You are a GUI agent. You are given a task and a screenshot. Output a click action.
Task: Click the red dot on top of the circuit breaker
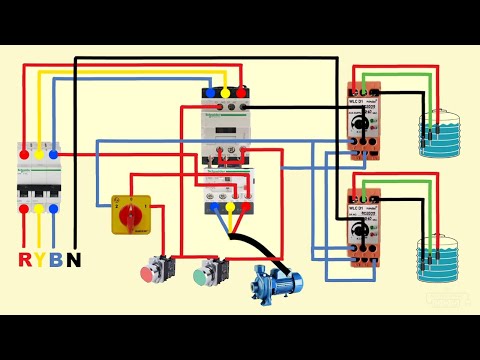click(23, 155)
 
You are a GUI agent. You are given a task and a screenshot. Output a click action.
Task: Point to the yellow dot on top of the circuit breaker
click(39, 155)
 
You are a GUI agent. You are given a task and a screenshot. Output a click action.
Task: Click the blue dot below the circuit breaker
click(56, 209)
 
